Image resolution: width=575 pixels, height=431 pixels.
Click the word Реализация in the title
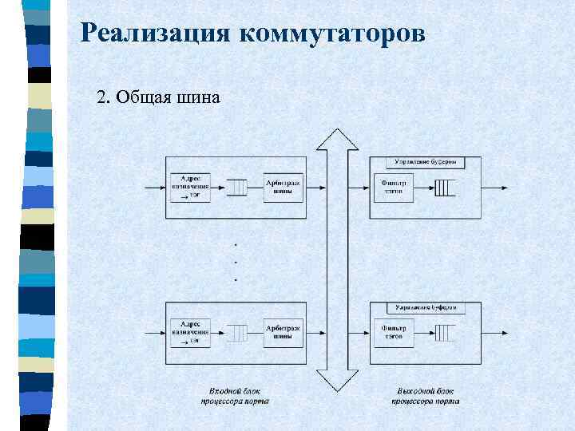156,34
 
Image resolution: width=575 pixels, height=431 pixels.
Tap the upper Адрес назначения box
190,188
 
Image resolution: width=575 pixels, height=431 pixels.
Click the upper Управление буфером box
426,162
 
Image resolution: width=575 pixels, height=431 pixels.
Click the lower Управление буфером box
426,307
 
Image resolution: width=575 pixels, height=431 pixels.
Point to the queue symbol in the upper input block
237,188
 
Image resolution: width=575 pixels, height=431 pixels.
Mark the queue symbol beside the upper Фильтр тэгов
444,188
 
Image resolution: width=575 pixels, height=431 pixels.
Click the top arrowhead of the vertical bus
338,139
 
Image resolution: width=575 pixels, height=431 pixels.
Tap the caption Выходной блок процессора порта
425,397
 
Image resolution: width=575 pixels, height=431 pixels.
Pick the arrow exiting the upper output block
495,188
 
